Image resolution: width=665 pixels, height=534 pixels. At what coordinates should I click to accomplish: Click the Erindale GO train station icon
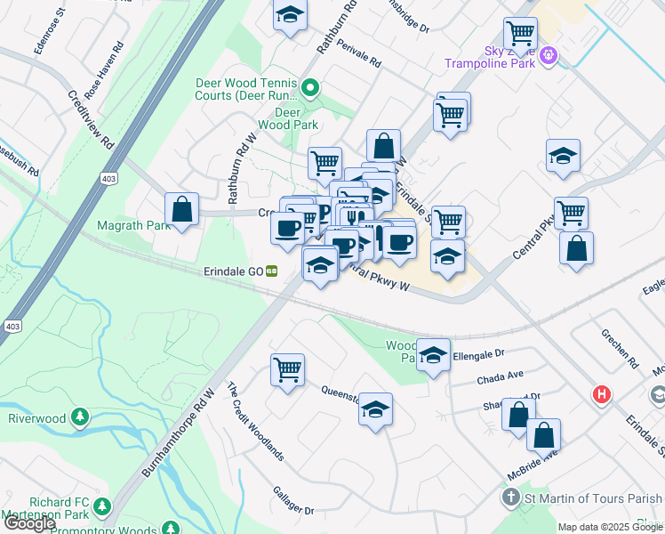pyautogui.click(x=271, y=271)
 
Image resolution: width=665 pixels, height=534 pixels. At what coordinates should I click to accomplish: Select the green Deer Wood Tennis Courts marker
pyautogui.click(x=309, y=87)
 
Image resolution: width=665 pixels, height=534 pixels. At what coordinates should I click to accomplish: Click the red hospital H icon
pyautogui.click(x=602, y=394)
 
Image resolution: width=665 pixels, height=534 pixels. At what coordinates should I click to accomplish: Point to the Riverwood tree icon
pyautogui.click(x=81, y=417)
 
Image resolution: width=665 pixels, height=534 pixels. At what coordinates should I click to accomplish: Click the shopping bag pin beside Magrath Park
pyautogui.click(x=181, y=209)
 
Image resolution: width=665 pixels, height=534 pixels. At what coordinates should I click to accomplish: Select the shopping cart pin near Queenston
pyautogui.click(x=287, y=368)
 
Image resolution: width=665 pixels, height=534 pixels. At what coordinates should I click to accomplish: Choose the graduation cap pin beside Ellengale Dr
pyautogui.click(x=433, y=355)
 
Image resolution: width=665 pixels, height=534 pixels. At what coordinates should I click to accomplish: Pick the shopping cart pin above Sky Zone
pyautogui.click(x=520, y=33)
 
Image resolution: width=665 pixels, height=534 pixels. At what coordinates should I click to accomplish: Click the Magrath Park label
pyautogui.click(x=134, y=225)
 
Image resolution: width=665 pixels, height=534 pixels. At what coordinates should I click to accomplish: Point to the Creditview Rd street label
pyautogui.click(x=91, y=117)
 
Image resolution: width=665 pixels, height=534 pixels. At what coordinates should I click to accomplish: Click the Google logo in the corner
pyautogui.click(x=29, y=523)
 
